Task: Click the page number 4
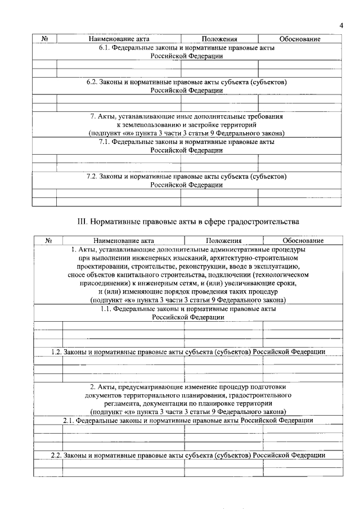(341, 25)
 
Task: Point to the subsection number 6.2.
(92, 82)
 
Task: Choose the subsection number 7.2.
(92, 176)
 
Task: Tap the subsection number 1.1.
(106, 309)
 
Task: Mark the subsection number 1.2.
(56, 352)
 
